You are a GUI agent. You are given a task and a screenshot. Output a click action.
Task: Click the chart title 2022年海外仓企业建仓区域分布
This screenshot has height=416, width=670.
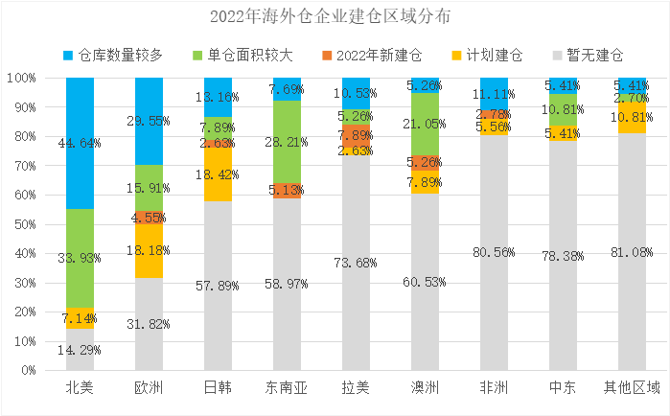tap(335, 17)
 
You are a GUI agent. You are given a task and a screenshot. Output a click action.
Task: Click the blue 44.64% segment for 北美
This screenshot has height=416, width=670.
tap(80, 144)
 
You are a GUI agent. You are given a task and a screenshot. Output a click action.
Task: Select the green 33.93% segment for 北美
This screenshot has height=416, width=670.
tap(80, 258)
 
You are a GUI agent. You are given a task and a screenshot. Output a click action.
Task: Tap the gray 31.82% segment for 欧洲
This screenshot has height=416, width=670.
tap(149, 323)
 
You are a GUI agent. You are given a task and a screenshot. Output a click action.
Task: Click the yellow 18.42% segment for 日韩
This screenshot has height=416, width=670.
tap(218, 174)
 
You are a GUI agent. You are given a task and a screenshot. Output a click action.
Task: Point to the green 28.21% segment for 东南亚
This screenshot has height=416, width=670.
tap(287, 142)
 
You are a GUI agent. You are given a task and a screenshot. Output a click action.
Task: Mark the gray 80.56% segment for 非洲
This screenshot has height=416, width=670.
tap(494, 252)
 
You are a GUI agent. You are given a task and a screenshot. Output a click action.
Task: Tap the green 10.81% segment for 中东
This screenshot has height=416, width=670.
tap(563, 109)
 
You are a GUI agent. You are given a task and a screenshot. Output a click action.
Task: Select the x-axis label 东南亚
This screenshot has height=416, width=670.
tap(287, 388)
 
